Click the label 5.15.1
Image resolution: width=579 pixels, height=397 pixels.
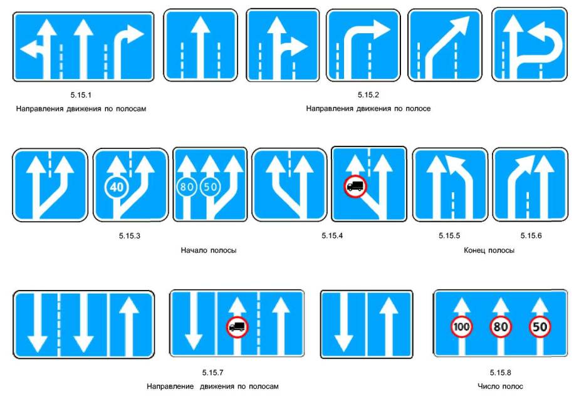[81, 95]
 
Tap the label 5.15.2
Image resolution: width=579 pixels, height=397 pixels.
[368, 95]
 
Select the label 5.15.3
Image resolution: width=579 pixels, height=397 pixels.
[130, 236]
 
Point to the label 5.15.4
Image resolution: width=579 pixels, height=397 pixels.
[332, 236]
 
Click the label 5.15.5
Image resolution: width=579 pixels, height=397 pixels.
[449, 236]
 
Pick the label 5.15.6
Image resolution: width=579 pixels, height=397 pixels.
[531, 236]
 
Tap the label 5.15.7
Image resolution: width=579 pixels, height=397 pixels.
[212, 373]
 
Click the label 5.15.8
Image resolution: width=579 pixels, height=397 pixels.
[500, 373]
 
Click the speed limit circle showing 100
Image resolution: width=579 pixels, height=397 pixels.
[462, 326]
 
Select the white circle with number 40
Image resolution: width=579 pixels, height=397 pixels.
[117, 187]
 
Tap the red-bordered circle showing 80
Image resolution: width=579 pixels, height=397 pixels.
[501, 326]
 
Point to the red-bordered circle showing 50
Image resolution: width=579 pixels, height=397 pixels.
[540, 326]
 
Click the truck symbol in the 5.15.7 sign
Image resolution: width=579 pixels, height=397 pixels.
[237, 326]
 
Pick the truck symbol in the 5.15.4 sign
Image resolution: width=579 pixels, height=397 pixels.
[355, 187]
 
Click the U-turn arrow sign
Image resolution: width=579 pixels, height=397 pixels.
[529, 44]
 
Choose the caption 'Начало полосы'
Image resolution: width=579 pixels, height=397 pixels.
[209, 250]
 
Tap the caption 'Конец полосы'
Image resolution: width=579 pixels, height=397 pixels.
[489, 250]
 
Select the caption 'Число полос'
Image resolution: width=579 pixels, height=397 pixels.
[500, 386]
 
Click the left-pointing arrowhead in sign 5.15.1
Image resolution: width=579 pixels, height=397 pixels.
[29, 49]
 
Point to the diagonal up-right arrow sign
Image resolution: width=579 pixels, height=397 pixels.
[445, 45]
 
